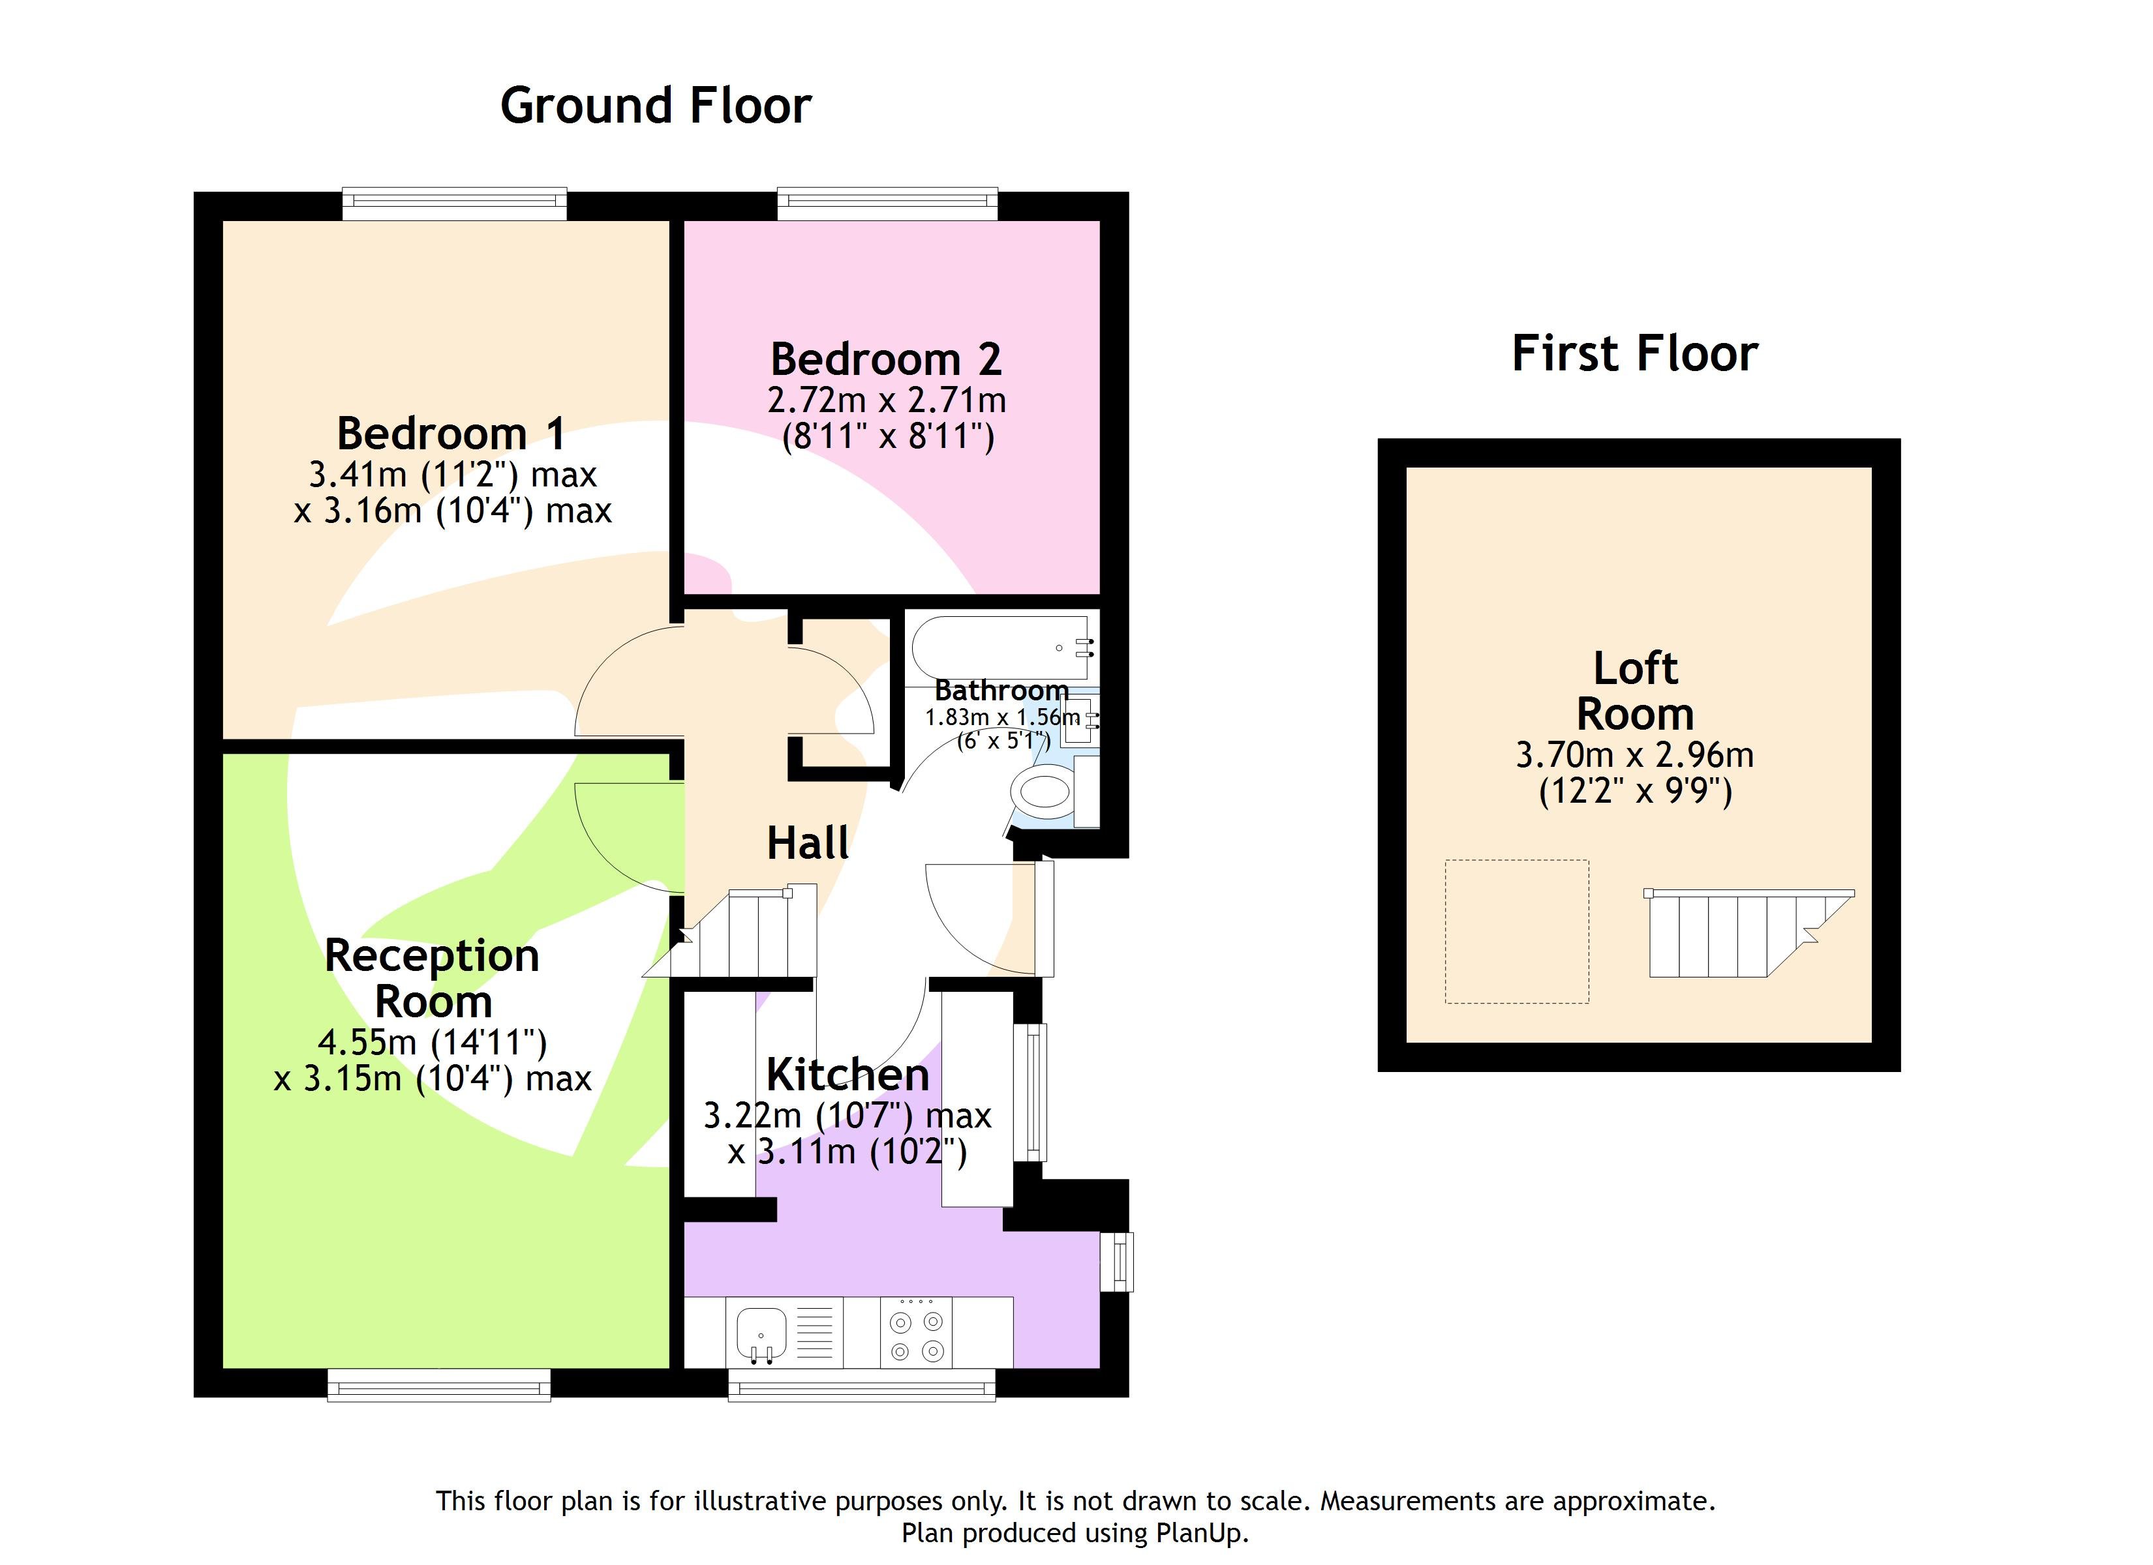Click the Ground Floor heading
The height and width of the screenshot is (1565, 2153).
point(655,106)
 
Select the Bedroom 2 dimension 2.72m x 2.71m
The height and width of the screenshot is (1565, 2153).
point(887,400)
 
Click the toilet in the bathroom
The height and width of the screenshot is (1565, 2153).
point(1045,790)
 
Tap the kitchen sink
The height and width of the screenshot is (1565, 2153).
point(762,1332)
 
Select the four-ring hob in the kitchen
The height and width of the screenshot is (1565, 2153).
point(916,1334)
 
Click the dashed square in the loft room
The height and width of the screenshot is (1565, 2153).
point(1516,931)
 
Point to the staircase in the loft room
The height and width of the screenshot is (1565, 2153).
point(1737,935)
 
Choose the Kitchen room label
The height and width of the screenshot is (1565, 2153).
point(847,1075)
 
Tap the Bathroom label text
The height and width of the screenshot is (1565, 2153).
point(1001,690)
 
